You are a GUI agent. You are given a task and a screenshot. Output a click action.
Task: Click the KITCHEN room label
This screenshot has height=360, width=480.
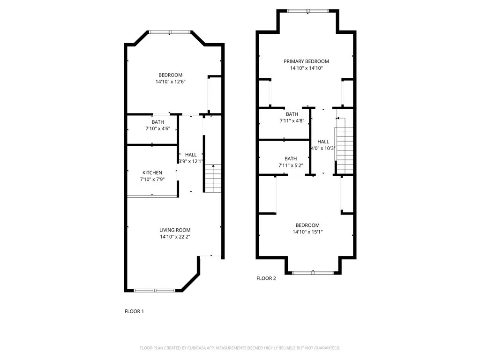[x=152, y=173]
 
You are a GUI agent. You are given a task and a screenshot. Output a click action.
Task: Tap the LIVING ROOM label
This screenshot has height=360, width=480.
[x=175, y=230]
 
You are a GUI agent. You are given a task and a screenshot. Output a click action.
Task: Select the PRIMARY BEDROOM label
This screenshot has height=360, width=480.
[x=306, y=61]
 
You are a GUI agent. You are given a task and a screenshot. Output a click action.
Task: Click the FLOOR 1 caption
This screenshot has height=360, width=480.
[x=134, y=311]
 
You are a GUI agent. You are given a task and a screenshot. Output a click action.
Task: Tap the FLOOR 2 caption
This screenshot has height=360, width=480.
[x=266, y=278]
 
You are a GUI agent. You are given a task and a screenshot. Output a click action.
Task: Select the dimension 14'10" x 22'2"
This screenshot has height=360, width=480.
[x=175, y=237]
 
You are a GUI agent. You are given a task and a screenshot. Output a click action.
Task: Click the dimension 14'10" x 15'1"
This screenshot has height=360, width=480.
[x=307, y=232]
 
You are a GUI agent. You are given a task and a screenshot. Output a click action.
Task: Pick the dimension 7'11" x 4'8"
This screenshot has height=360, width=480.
[x=292, y=121]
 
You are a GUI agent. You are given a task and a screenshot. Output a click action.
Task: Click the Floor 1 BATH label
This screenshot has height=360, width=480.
[x=151, y=122]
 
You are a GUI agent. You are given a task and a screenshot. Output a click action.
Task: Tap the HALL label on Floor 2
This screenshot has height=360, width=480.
[x=323, y=142]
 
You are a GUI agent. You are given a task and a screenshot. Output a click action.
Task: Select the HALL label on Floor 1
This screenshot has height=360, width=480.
[x=191, y=155]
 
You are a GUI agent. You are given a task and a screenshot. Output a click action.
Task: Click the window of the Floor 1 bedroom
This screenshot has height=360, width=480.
[x=170, y=32]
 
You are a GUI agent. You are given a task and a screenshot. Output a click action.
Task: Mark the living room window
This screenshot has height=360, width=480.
[x=155, y=291]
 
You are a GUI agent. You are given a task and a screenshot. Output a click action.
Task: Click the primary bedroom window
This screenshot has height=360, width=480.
[x=307, y=11]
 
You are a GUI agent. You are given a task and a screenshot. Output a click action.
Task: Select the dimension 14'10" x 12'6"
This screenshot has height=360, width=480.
[x=169, y=82]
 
